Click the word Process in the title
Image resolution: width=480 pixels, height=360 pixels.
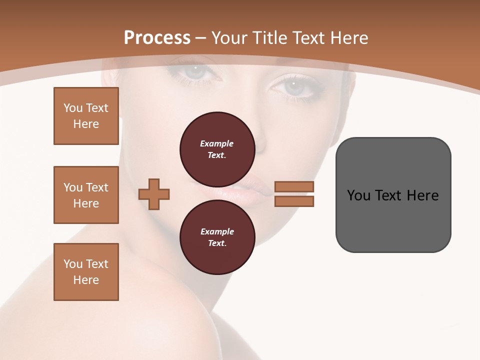157,38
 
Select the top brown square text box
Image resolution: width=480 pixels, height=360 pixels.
86,116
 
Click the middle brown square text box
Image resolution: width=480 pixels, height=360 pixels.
86,195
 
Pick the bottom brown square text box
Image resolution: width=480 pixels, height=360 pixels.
86,272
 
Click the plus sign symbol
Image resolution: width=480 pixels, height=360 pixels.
154,194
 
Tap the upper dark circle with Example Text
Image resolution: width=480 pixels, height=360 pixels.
217,149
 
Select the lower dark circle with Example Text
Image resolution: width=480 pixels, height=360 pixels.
217,237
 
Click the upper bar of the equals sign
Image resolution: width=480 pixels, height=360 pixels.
294,187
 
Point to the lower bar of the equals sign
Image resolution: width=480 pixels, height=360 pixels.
294,201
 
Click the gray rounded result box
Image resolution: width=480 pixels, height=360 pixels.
393,195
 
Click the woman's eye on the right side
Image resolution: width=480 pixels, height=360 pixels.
293,86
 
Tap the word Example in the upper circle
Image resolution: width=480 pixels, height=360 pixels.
217,143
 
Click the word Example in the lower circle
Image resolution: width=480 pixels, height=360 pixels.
217,231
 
